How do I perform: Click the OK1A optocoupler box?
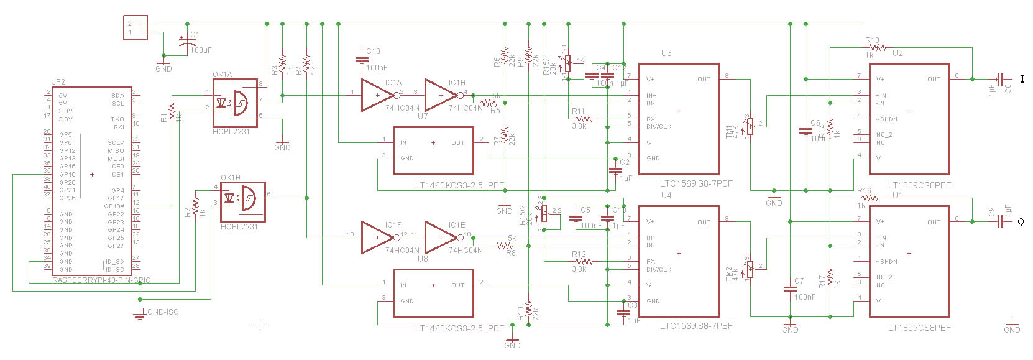[235, 103]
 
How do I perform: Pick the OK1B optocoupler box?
[243, 201]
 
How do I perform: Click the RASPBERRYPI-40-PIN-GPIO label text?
[101, 280]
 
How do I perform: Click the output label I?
[1022, 79]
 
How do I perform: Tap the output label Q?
[1021, 222]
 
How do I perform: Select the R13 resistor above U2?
[878, 47]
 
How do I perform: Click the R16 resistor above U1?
[869, 198]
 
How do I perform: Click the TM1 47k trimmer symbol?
[750, 126]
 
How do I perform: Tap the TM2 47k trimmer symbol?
[750, 269]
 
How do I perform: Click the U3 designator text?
[666, 53]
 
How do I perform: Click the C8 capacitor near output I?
[999, 79]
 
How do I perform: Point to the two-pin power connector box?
[135, 28]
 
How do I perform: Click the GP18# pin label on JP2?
[114, 206]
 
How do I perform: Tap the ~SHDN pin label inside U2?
[887, 119]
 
